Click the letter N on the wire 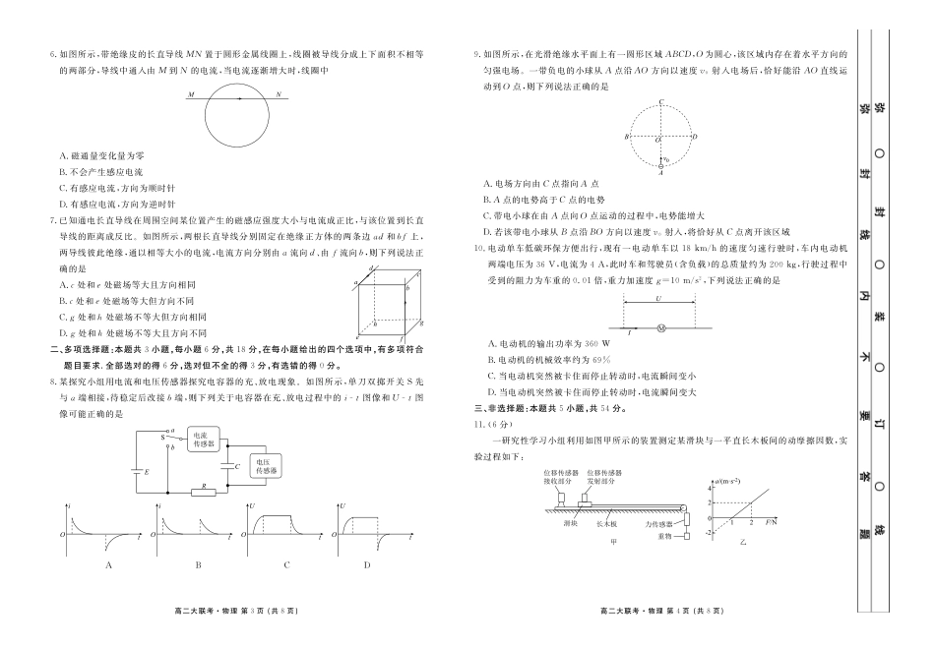coord(279,94)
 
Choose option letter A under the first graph coord(108,564)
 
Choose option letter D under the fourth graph coord(366,564)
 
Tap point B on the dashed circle coord(626,137)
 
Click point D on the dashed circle coord(695,137)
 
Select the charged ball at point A coord(660,166)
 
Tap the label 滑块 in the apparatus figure coord(570,524)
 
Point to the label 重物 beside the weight coord(664,537)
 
